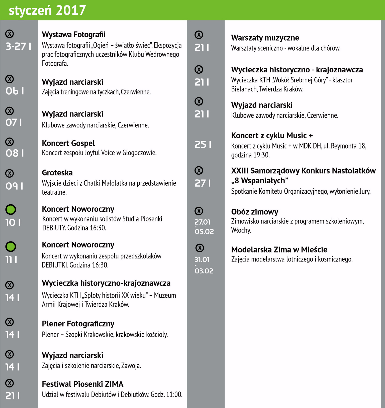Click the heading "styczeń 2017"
click(x=47, y=10)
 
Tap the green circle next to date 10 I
click(x=11, y=209)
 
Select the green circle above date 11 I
click(x=11, y=246)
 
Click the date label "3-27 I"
click(x=19, y=46)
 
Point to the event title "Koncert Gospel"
click(x=68, y=143)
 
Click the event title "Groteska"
click(x=57, y=173)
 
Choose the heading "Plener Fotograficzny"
click(x=78, y=324)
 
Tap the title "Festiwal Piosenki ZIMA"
click(x=82, y=384)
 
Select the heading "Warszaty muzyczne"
click(x=265, y=38)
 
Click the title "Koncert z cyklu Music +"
click(x=272, y=135)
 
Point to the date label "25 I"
click(x=203, y=145)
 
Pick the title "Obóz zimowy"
click(x=254, y=212)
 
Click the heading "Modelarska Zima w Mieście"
click(x=279, y=250)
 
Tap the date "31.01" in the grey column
click(x=202, y=259)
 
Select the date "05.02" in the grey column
click(x=204, y=231)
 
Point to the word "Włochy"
click(x=241, y=230)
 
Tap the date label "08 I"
click(x=15, y=153)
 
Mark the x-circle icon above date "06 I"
click(x=10, y=79)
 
